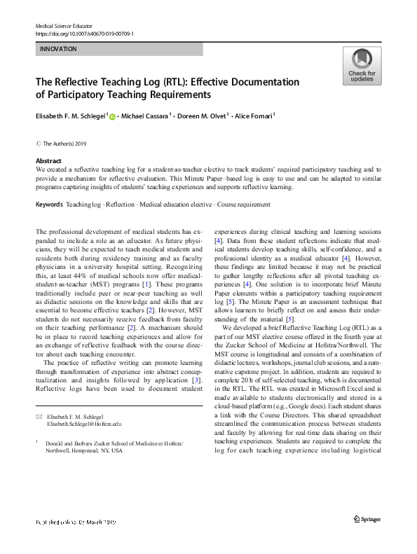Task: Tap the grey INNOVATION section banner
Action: tap(118, 50)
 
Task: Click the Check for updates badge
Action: tap(362, 67)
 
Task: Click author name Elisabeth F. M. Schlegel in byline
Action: tap(70, 116)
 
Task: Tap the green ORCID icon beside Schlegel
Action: tap(113, 116)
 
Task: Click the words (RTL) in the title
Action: tap(169, 82)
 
